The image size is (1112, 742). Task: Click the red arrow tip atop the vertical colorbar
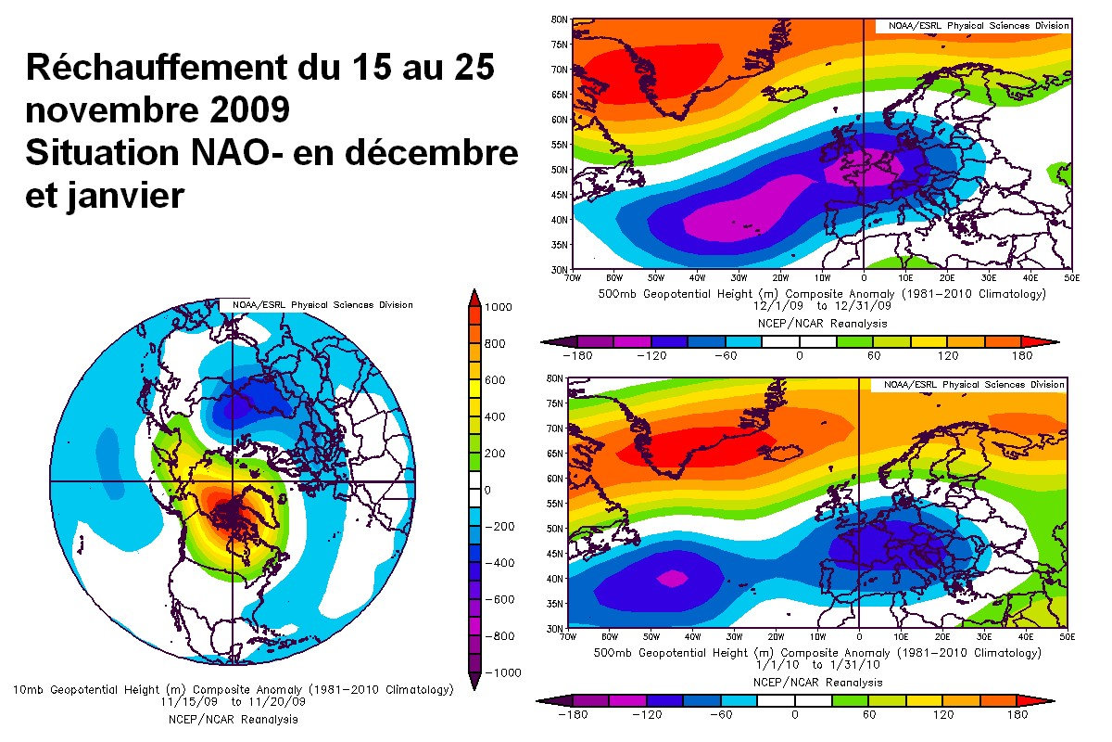pos(474,297)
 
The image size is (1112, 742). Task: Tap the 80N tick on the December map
pos(559,19)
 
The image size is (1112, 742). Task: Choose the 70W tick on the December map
pos(573,276)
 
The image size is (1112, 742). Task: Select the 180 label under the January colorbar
pos(1017,715)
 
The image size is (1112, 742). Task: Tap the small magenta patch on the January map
pos(672,577)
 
